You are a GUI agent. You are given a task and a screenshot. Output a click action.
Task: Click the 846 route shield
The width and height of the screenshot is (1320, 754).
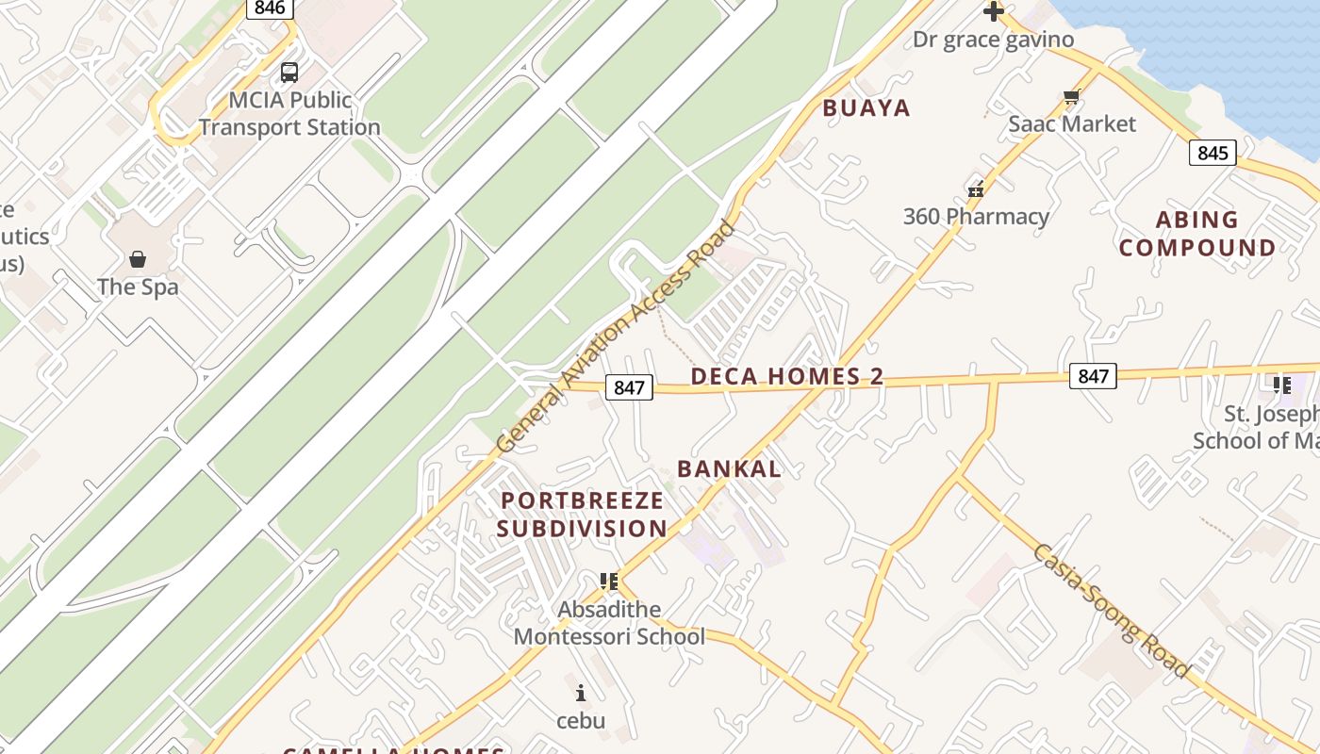click(270, 8)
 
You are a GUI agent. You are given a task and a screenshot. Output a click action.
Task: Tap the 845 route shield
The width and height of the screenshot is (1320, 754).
click(1212, 153)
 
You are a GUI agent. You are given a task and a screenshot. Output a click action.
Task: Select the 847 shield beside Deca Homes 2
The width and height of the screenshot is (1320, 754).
click(629, 386)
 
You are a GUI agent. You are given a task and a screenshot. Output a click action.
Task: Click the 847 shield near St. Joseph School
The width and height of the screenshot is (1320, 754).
click(1093, 376)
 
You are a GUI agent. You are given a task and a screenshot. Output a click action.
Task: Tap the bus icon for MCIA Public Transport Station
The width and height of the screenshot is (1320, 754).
click(289, 72)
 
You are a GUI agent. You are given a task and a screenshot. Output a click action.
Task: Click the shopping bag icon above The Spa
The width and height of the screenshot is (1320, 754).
click(138, 258)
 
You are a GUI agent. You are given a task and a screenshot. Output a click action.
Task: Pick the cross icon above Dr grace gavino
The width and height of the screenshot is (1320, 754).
click(993, 11)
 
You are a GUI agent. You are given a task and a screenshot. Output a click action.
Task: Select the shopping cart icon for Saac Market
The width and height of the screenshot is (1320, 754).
click(1071, 96)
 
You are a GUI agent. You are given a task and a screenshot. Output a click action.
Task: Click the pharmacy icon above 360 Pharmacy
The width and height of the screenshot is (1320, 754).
click(976, 188)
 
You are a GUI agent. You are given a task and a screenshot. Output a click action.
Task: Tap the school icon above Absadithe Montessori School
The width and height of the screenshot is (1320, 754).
click(609, 581)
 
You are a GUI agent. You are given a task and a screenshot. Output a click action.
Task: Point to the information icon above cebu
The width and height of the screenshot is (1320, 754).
click(580, 694)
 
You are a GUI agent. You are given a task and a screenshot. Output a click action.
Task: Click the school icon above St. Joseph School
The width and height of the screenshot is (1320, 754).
click(1281, 385)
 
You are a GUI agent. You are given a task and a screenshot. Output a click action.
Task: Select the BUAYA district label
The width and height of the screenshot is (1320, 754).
click(866, 108)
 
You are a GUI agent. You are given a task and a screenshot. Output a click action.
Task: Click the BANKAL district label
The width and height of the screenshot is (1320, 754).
click(729, 468)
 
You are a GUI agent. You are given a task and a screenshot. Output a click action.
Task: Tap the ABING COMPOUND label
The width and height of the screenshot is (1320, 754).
click(1197, 234)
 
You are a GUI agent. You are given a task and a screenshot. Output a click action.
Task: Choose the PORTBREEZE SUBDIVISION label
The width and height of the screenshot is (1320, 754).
click(582, 515)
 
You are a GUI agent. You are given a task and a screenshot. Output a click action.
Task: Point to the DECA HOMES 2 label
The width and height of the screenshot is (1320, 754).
click(786, 377)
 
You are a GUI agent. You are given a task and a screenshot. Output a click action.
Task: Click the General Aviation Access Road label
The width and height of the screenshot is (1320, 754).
click(615, 336)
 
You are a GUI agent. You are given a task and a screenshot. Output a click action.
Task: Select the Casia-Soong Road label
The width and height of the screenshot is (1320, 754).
click(1110, 611)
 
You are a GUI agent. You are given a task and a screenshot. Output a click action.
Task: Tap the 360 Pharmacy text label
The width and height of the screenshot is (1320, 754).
click(976, 217)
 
